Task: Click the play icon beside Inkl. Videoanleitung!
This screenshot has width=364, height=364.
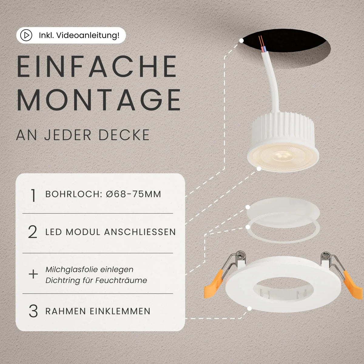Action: coord(26,35)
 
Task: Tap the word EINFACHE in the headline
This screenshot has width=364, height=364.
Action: coord(97,66)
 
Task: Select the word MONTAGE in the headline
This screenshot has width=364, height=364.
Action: coord(99,100)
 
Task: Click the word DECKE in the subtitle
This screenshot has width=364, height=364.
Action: coord(124,135)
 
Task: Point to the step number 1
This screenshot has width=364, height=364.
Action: coord(33,195)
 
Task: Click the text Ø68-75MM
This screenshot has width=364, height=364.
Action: coord(133,194)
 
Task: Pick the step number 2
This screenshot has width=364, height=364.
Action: coord(33,232)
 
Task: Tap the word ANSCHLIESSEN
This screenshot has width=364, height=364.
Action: coord(140,232)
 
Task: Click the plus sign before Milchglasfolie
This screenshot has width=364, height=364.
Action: coord(33,274)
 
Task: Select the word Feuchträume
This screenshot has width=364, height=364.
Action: coord(121,280)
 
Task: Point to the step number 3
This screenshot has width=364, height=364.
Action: coord(33,311)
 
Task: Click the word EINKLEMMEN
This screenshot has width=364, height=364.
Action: coord(120,311)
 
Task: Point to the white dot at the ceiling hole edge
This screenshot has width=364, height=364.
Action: coord(241,40)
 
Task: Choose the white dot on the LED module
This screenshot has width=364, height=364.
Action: coord(259,169)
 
